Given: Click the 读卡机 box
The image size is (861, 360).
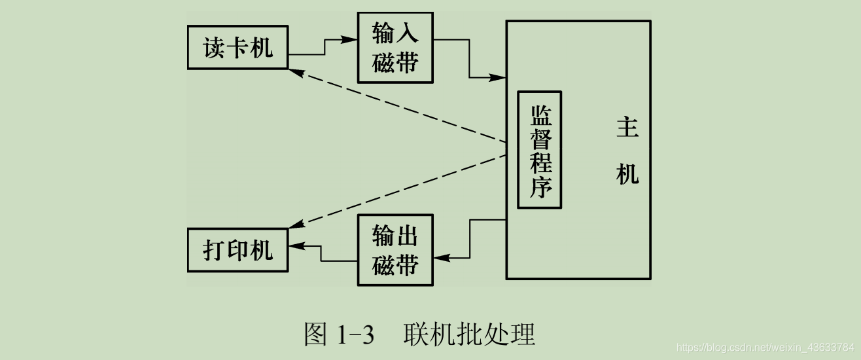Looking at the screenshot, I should (237, 48).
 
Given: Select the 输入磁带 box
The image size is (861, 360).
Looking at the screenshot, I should (395, 48).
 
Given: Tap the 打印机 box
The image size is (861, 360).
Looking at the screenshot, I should (237, 250).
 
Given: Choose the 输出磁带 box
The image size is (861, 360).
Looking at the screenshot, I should (395, 250).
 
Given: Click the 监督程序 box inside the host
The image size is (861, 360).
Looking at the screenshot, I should (540, 149).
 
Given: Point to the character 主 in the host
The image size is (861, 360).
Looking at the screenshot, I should (627, 128).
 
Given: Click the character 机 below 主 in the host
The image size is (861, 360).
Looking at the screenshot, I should (627, 175).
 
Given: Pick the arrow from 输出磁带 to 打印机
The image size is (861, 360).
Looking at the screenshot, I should (321, 253).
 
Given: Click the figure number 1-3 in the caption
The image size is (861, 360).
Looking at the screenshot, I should (355, 334).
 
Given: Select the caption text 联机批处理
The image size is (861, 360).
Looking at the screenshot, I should (469, 334).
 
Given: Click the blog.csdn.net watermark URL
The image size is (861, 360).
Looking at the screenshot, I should (765, 346).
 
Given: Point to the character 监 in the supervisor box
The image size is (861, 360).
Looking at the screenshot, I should (540, 116).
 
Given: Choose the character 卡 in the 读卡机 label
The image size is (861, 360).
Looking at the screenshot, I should (237, 48).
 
